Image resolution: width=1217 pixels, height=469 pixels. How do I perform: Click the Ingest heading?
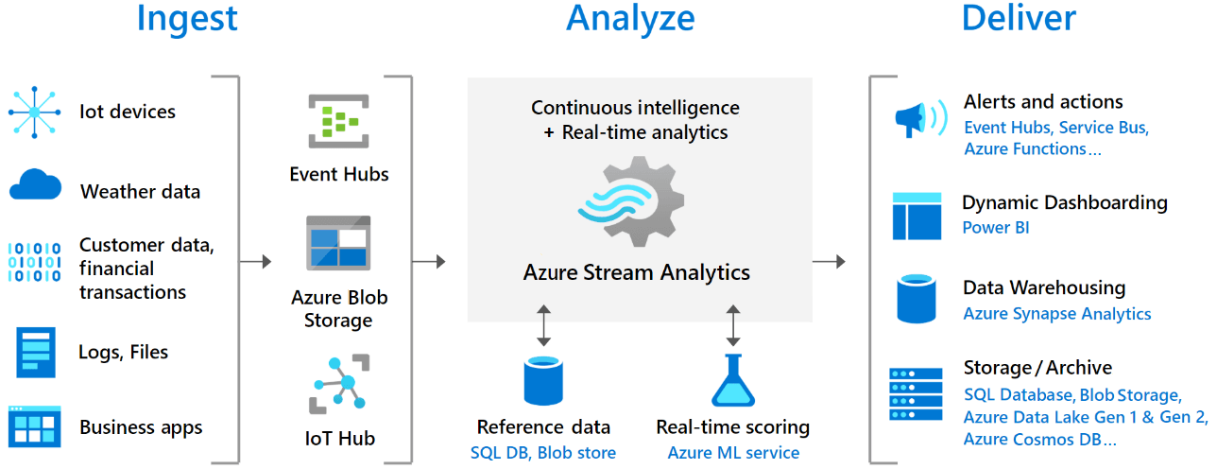click(x=187, y=18)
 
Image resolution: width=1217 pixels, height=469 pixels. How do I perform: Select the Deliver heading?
click(x=1018, y=18)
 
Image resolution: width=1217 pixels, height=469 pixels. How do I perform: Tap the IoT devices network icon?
click(x=34, y=112)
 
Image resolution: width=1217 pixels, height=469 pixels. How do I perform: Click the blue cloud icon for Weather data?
click(x=35, y=185)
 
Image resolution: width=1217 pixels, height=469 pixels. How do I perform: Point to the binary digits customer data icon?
click(x=34, y=262)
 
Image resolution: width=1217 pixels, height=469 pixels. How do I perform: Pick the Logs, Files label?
click(x=123, y=353)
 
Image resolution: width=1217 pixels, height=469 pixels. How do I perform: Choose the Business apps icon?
click(x=34, y=426)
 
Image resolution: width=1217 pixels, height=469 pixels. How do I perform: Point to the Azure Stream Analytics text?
click(x=636, y=273)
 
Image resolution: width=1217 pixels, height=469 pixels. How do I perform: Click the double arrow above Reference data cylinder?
click(x=543, y=325)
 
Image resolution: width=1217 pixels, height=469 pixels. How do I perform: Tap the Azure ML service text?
click(x=733, y=453)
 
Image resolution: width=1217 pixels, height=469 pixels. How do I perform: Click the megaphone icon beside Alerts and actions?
click(x=918, y=120)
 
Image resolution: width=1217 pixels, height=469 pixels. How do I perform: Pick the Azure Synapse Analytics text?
click(x=1056, y=314)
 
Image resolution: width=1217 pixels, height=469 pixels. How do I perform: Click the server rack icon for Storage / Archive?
click(x=916, y=394)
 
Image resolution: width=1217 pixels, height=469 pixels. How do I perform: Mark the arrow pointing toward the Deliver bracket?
click(x=829, y=261)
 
